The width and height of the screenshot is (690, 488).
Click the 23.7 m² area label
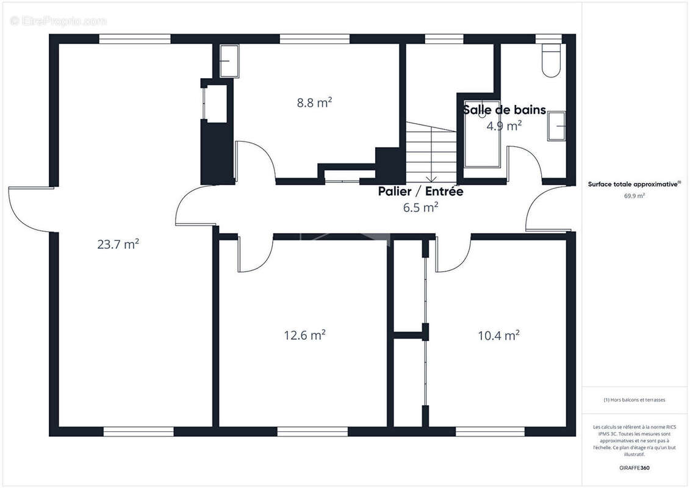point(118,245)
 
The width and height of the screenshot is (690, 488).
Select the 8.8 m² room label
point(314,102)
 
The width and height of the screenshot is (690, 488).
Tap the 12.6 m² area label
point(304,335)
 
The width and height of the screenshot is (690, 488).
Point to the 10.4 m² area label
point(498,335)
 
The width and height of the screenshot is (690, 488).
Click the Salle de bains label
point(504,110)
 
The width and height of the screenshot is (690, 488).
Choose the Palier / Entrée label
point(420,192)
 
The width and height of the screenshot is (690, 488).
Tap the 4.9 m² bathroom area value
point(503,126)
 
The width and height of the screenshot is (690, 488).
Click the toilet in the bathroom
point(550,61)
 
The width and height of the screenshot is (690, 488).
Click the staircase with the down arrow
point(431,152)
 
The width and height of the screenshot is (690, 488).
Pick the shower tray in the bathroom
point(482,134)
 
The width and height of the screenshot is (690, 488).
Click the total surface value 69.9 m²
point(634,196)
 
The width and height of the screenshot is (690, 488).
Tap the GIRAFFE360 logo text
point(634,468)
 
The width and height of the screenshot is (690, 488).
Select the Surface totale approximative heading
point(634,184)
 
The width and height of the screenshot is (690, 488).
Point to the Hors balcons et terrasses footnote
point(634,400)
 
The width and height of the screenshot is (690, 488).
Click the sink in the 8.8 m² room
point(229,60)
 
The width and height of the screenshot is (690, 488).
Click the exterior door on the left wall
point(31,209)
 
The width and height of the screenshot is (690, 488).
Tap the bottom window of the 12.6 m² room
point(304,432)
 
